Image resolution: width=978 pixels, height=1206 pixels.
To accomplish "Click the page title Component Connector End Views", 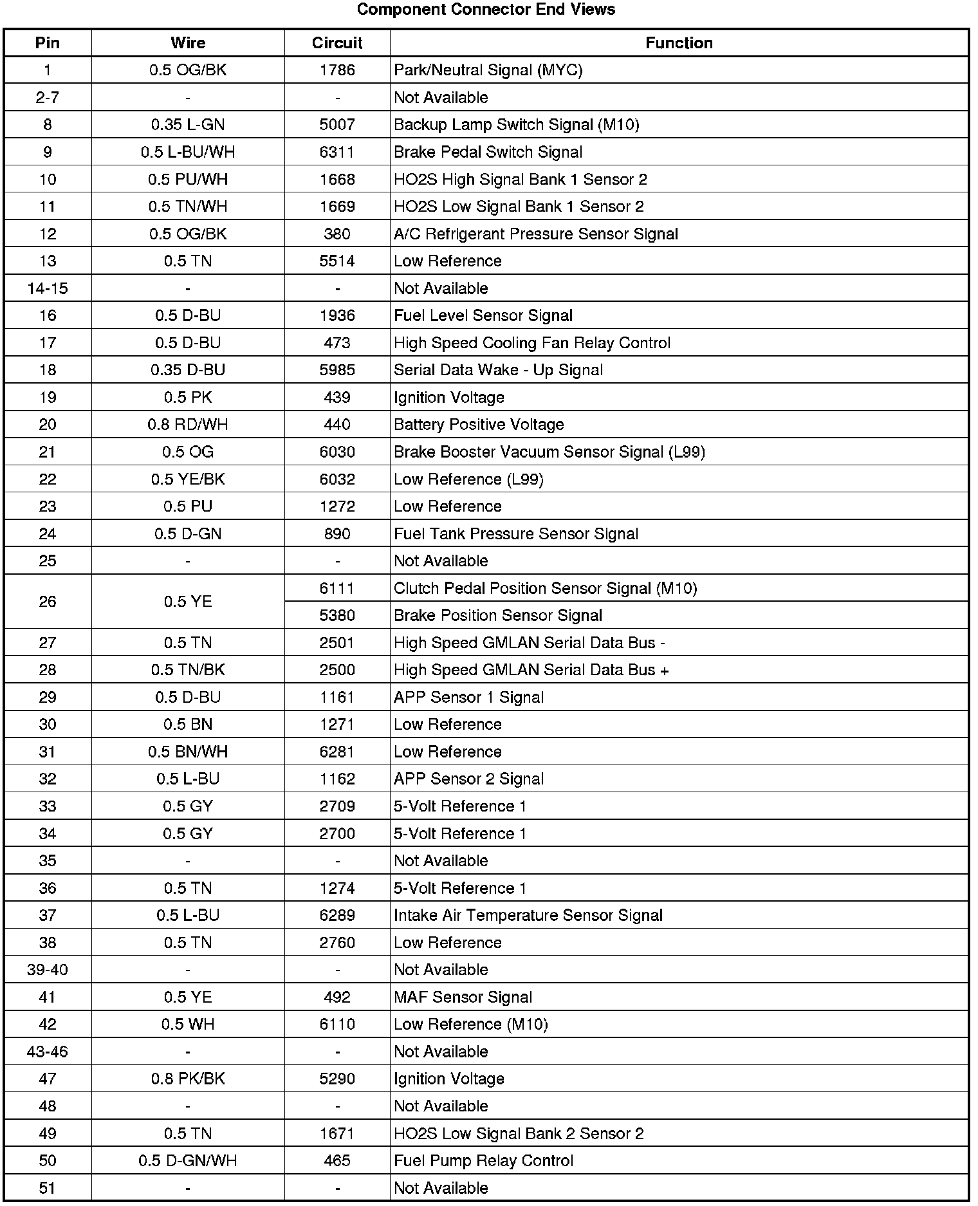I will pyautogui.click(x=486, y=10).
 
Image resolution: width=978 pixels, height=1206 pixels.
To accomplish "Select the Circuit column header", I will pyautogui.click(x=337, y=43).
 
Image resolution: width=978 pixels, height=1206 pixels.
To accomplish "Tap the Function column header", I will pyautogui.click(x=679, y=43).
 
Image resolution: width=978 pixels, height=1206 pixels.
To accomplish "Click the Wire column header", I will pyautogui.click(x=188, y=43).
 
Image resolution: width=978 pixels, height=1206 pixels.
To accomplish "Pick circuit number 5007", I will pyautogui.click(x=337, y=125).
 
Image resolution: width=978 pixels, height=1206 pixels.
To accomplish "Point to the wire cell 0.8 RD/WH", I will pyautogui.click(x=188, y=425).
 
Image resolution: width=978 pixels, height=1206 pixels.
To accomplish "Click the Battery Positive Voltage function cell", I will pyautogui.click(x=479, y=425).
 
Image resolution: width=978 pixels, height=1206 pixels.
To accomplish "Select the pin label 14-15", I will pyautogui.click(x=48, y=288).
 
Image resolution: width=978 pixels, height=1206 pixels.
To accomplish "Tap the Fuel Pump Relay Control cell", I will pyautogui.click(x=483, y=1161).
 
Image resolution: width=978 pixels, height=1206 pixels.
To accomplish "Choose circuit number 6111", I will pyautogui.click(x=337, y=588).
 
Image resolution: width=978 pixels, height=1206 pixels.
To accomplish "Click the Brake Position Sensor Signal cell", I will pyautogui.click(x=498, y=616).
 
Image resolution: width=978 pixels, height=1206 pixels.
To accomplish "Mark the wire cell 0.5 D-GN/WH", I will pyautogui.click(x=188, y=1161).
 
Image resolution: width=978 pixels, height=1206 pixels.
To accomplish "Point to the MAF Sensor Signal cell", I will pyautogui.click(x=463, y=997).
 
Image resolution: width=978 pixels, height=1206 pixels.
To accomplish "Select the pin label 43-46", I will pyautogui.click(x=48, y=1052).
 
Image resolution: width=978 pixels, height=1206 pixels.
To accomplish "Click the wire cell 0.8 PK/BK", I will pyautogui.click(x=188, y=1079).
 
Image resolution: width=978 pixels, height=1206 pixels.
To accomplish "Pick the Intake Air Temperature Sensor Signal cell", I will pyautogui.click(x=528, y=916).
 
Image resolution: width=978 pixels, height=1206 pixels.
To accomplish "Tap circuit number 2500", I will pyautogui.click(x=337, y=670).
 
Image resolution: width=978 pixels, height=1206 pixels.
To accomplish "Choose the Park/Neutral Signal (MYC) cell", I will pyautogui.click(x=488, y=70).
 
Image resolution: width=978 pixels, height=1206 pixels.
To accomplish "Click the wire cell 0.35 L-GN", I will pyautogui.click(x=188, y=125).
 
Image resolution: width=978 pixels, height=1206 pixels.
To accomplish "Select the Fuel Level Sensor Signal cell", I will pyautogui.click(x=483, y=316).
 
